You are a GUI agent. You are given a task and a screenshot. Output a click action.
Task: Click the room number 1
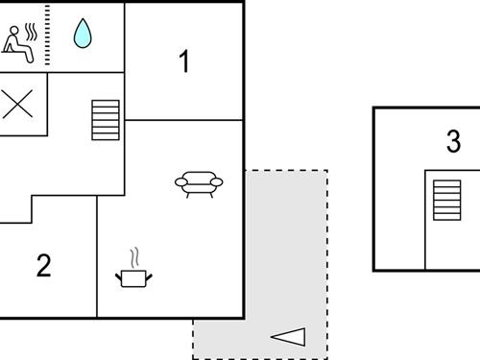184,62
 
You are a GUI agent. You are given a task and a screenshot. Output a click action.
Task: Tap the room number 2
43,266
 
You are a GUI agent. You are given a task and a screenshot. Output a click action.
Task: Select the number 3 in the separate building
453,142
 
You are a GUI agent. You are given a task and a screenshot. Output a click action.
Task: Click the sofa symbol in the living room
199,182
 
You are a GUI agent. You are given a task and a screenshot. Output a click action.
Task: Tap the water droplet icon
84,35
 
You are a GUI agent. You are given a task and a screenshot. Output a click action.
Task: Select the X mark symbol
16,106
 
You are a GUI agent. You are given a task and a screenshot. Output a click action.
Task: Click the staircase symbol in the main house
106,120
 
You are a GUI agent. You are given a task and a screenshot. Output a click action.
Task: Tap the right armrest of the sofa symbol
218,181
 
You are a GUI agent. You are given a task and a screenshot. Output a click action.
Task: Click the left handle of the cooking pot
118,276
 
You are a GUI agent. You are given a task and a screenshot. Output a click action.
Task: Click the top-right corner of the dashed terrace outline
327,171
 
